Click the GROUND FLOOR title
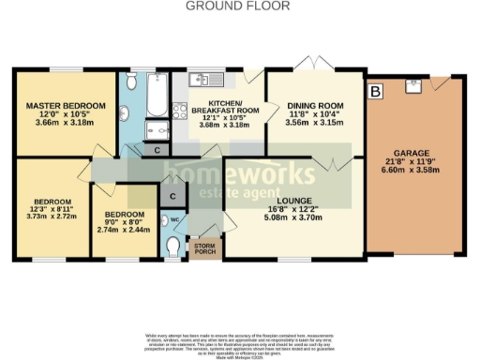coord(239,6)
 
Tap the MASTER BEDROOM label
coord(65,105)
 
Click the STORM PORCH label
coord(202,249)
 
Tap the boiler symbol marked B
coord(376,92)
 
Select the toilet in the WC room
coord(172,246)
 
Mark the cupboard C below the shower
coord(157,149)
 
